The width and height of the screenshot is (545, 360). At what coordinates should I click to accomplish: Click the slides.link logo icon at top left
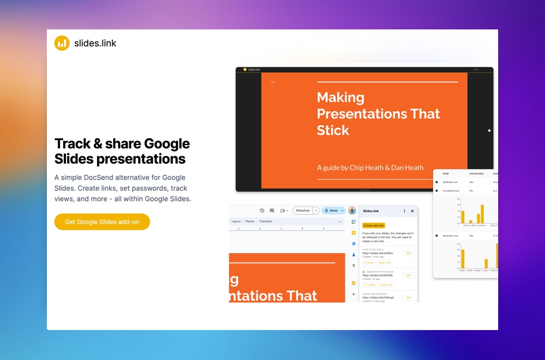click(62, 43)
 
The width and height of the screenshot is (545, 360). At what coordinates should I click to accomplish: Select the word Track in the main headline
click(72, 144)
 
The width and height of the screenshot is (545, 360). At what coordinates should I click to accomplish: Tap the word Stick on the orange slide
click(333, 130)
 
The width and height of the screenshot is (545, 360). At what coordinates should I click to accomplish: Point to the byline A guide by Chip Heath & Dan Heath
click(370, 168)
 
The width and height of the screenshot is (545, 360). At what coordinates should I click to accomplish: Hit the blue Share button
click(331, 210)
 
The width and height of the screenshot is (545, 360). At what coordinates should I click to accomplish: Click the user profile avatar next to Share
click(352, 210)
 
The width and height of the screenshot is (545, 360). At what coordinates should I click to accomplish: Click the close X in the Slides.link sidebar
click(412, 211)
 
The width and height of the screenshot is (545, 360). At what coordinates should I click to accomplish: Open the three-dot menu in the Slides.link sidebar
click(404, 211)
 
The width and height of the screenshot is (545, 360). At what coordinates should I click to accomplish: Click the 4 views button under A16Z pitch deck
click(369, 263)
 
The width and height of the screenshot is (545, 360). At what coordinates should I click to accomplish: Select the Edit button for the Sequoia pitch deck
click(409, 275)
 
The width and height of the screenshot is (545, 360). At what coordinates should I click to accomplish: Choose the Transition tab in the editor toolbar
click(266, 222)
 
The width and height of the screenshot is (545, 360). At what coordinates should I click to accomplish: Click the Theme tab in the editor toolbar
click(250, 222)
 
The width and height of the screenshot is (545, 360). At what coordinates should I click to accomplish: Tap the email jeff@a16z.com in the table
click(451, 182)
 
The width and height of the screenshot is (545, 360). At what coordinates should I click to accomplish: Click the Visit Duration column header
click(476, 174)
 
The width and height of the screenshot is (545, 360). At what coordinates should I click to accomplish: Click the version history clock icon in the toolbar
click(262, 210)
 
